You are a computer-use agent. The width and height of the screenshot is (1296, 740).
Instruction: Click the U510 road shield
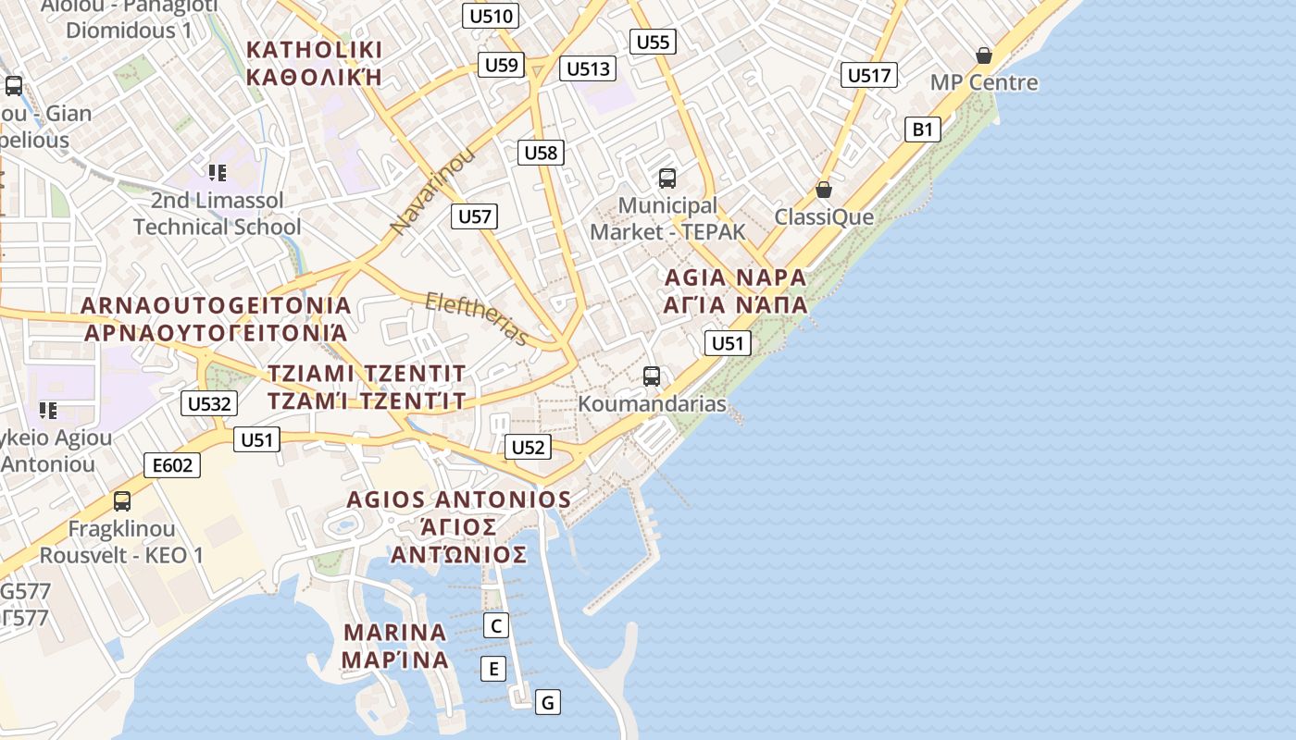[x=491, y=16]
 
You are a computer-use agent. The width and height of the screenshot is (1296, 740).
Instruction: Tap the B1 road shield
[x=922, y=129]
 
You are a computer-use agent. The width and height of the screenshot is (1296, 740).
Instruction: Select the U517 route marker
[x=869, y=75]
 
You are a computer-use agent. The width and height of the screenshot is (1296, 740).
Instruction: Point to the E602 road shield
[x=173, y=464]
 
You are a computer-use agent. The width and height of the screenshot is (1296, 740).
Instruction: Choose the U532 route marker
[x=209, y=403]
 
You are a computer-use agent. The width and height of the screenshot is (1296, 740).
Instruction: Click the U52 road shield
[x=528, y=448]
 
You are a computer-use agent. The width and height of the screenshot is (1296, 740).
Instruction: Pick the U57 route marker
[x=475, y=216]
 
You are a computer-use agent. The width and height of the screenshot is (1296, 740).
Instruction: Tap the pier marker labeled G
[x=547, y=702]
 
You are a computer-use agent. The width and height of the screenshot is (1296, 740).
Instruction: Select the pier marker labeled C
[x=496, y=625]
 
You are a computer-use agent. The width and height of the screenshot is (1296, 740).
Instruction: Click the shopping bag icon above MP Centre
[x=983, y=56]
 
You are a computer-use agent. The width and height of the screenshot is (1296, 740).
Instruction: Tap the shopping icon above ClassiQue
[x=823, y=190]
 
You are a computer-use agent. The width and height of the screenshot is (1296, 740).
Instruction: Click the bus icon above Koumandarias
[x=652, y=376]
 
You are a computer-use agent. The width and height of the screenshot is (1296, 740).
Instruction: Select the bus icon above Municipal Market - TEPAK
[x=667, y=178]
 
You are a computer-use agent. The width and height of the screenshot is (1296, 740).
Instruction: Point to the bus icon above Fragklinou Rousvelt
[x=121, y=501]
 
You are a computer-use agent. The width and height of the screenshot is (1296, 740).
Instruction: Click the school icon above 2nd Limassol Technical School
[x=218, y=172]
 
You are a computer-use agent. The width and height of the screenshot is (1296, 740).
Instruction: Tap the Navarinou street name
[x=433, y=190]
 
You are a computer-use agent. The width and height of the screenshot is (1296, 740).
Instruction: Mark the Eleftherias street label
[x=476, y=318]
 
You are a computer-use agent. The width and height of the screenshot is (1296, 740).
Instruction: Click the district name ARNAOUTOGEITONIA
[x=216, y=305]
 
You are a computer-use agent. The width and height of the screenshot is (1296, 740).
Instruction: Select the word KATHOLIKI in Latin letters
[x=315, y=49]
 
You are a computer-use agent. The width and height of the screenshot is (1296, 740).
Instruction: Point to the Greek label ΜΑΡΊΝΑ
[x=395, y=660]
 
